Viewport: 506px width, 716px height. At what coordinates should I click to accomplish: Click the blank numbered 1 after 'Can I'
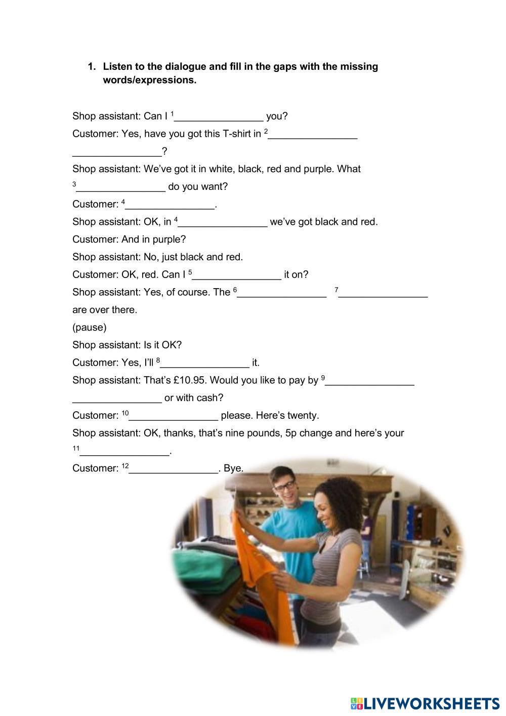click(x=219, y=117)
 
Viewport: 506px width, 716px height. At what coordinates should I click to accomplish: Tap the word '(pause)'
click(x=90, y=327)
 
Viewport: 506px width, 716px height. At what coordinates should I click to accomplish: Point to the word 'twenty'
click(x=303, y=416)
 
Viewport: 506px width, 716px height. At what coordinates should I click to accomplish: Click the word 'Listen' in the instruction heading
click(x=117, y=66)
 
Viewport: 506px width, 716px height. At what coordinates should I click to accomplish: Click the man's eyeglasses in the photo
click(x=285, y=486)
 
